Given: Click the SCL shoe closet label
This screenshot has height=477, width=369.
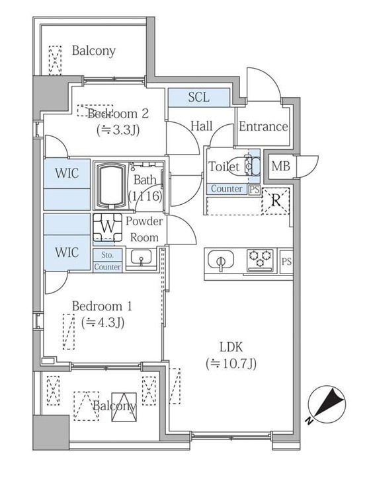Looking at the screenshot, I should (x=198, y=97).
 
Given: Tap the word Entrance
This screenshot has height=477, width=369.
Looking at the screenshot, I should (x=263, y=127).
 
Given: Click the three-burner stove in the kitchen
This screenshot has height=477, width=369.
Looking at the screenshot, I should (x=260, y=260).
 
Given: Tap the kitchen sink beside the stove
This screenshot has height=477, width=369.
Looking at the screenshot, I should (x=220, y=261).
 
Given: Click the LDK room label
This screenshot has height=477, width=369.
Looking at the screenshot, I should (x=231, y=346).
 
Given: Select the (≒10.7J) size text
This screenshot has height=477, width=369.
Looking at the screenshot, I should (x=231, y=363).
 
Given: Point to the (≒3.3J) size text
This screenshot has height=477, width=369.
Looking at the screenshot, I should (x=118, y=129).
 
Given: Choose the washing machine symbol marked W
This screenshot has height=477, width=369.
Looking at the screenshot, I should (x=106, y=227).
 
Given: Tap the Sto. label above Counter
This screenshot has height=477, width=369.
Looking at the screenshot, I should (x=107, y=254).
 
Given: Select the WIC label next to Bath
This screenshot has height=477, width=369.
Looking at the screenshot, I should (x=67, y=174).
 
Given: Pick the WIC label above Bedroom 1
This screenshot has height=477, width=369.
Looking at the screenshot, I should (x=67, y=252).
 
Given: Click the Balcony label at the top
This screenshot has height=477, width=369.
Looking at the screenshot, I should (x=94, y=50).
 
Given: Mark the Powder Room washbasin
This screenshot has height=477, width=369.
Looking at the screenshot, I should (x=140, y=258).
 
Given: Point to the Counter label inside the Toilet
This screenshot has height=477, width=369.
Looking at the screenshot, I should (x=227, y=189).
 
